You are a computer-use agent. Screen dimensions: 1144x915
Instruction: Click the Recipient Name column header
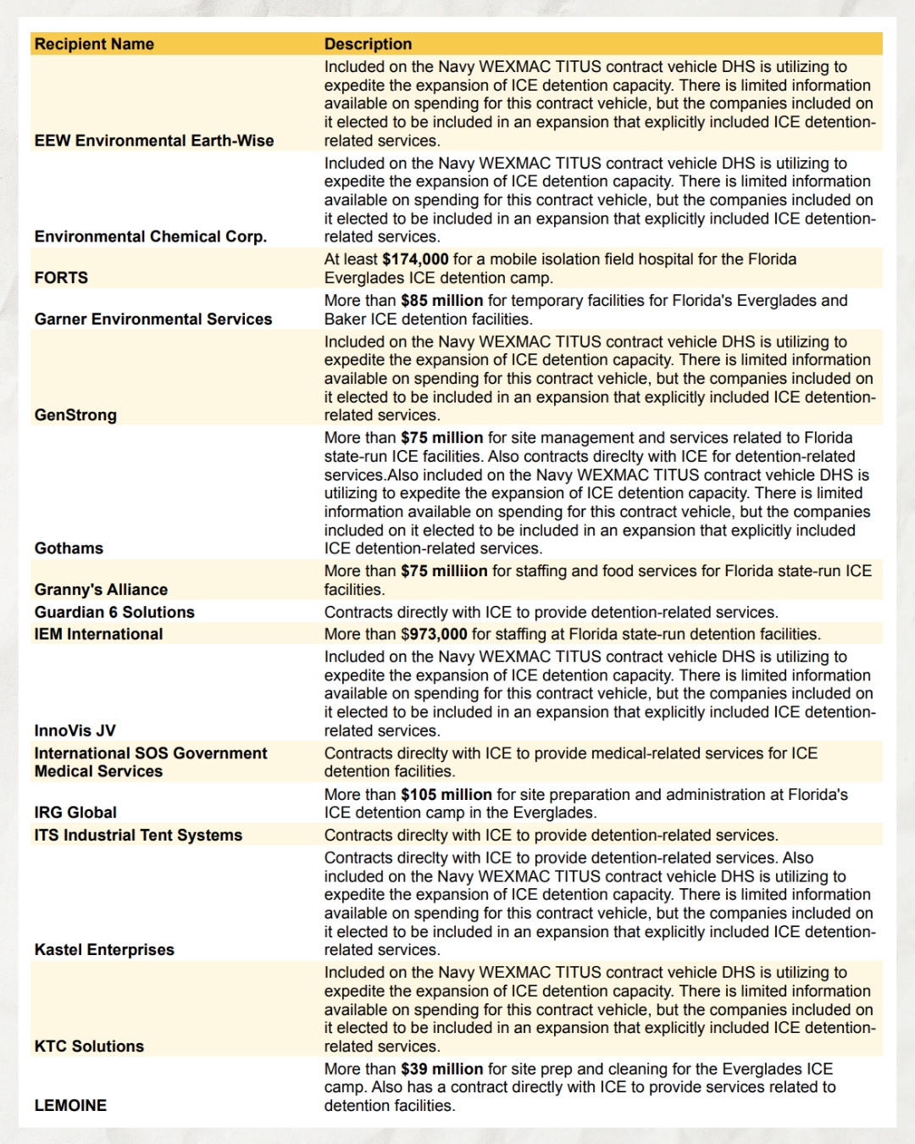(x=94, y=44)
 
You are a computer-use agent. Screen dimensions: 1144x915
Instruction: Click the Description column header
(x=368, y=44)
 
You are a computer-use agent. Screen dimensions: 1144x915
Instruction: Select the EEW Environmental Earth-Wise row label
(x=154, y=141)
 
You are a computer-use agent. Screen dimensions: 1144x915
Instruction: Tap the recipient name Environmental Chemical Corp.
(x=151, y=236)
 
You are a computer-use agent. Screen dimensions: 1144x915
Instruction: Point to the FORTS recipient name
(x=61, y=278)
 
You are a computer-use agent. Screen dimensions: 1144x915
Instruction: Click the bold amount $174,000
(x=415, y=259)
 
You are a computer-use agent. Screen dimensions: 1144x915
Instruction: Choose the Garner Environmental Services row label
(x=153, y=319)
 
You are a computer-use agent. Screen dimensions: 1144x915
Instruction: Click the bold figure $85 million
(x=441, y=301)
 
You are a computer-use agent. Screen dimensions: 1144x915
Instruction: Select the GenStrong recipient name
(x=75, y=415)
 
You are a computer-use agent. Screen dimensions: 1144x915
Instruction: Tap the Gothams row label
(x=69, y=548)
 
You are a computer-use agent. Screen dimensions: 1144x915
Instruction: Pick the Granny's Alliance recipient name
(x=101, y=590)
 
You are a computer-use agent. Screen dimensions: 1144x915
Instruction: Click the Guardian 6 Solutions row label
(x=114, y=612)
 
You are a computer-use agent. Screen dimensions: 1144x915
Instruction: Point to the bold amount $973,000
(x=434, y=634)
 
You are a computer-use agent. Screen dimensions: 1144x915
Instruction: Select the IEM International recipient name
(x=98, y=634)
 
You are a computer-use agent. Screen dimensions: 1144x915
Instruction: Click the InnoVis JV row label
(x=75, y=730)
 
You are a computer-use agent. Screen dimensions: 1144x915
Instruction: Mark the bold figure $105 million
(x=446, y=795)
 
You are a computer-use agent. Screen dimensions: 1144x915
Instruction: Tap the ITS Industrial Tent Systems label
(x=138, y=835)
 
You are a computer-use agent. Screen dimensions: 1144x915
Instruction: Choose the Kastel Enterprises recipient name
(x=104, y=950)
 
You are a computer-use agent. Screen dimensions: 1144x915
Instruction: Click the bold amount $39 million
(x=441, y=1069)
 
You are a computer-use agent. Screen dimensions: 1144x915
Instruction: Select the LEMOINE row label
(x=70, y=1106)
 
